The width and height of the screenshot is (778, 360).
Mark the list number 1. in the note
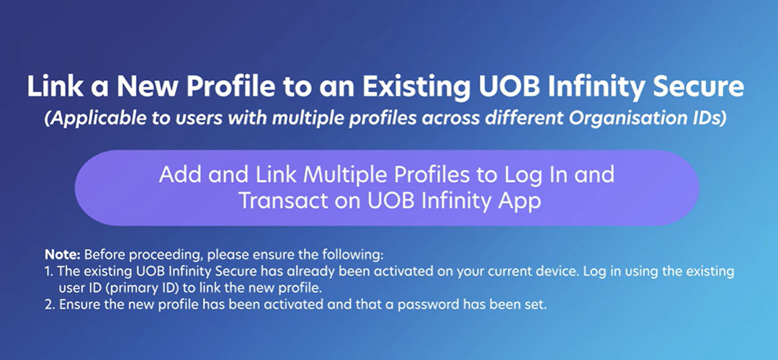49,271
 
